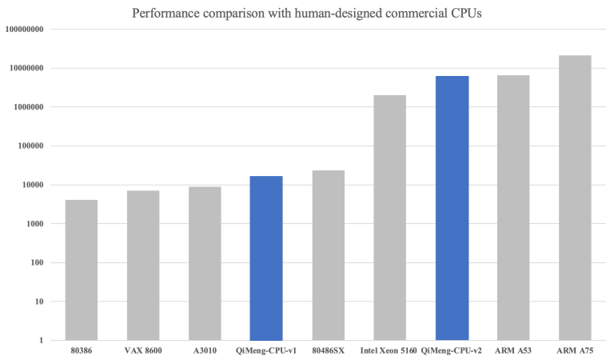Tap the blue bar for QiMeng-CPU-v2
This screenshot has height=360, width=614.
[x=452, y=208]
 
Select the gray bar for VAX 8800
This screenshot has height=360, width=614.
[x=143, y=265]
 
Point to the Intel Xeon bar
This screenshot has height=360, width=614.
[x=389, y=217]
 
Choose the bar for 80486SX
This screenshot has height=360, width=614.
[x=328, y=255]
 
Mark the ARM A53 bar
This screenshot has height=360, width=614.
[x=513, y=208]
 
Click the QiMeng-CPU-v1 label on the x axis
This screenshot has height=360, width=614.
[x=266, y=350]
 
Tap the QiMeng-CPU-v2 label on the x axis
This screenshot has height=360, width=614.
[x=452, y=350]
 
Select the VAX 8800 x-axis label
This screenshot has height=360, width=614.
[x=143, y=350]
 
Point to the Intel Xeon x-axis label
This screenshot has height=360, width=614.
[x=389, y=350]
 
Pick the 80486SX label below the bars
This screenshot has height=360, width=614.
[x=328, y=350]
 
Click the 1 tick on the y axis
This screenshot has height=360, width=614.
[x=41, y=341]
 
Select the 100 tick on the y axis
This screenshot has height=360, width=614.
[x=38, y=262]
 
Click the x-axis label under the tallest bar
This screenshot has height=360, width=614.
[x=575, y=350]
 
